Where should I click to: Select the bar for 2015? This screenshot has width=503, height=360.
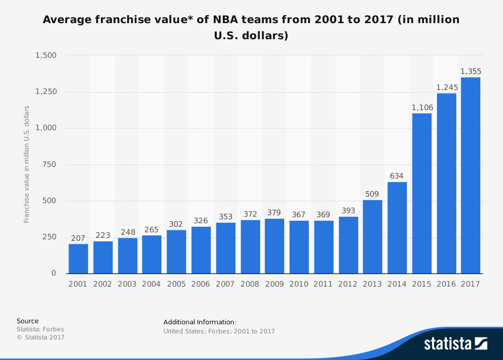(422, 194)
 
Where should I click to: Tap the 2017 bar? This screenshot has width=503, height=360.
(471, 175)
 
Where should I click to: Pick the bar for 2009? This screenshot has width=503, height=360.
(274, 246)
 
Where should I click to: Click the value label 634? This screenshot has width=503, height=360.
(397, 176)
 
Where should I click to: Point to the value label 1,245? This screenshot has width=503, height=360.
(447, 87)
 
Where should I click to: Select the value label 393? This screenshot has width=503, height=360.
(348, 211)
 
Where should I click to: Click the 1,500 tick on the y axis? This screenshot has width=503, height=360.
(46, 55)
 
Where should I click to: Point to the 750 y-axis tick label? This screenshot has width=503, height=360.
(50, 164)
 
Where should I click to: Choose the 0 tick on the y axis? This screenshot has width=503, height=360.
(54, 274)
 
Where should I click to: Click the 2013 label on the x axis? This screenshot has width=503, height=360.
(372, 284)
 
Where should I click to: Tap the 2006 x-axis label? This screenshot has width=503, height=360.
(201, 284)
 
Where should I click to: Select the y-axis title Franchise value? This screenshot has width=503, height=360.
(27, 164)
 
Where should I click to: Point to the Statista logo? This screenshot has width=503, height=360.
(455, 344)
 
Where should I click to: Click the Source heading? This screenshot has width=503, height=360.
(28, 321)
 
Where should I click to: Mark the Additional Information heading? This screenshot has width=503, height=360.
(200, 322)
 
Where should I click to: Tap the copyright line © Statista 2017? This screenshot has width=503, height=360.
(41, 337)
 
